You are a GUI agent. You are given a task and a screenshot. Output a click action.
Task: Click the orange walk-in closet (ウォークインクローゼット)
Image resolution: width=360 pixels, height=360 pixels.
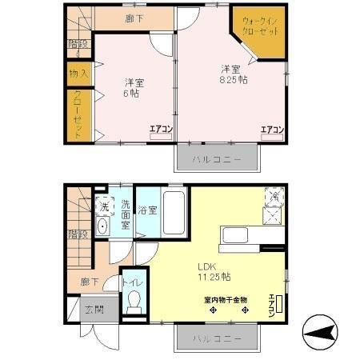pyautogui.click(x=259, y=34)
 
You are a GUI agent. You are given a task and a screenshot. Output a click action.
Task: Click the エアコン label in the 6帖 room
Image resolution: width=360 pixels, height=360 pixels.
pyautogui.click(x=161, y=129)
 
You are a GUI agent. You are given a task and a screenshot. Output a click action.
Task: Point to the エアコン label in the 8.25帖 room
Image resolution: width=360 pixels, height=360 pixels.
pyautogui.click(x=272, y=129)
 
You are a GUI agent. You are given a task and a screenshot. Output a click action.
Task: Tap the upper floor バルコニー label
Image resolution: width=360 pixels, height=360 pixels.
pyautogui.click(x=217, y=159)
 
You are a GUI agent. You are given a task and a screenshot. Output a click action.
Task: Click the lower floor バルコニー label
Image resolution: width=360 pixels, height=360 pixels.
pyautogui.click(x=217, y=338)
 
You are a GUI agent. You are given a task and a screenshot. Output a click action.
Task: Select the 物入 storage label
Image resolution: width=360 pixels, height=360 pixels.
pyautogui.click(x=79, y=74)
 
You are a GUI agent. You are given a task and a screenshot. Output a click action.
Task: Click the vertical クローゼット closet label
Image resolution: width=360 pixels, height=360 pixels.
pyautogui.click(x=78, y=116)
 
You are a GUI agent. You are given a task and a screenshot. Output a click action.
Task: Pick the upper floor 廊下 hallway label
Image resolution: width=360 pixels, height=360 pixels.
pyautogui.click(x=135, y=18)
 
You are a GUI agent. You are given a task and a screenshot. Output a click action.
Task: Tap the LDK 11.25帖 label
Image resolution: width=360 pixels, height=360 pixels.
pyautogui.click(x=214, y=272)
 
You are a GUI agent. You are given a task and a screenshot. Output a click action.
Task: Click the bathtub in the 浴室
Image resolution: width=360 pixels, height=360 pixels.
pyautogui.click(x=174, y=212)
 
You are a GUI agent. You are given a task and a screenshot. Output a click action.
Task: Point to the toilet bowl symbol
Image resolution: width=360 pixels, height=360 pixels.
pyautogui.click(x=134, y=302)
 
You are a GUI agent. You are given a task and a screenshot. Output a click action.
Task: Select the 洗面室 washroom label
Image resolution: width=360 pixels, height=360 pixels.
pyautogui.click(x=126, y=214)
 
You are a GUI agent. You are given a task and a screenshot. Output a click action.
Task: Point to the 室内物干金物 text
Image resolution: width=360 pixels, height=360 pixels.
pyautogui.click(x=225, y=300)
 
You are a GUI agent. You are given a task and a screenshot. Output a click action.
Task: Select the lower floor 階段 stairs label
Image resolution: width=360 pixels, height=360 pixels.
pyautogui.click(x=78, y=235)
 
